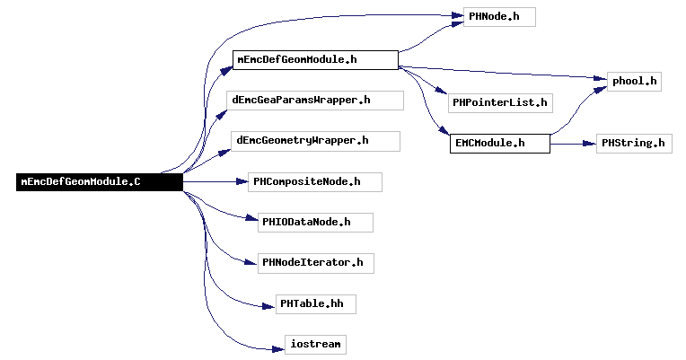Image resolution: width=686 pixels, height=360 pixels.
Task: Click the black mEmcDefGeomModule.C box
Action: (100, 182)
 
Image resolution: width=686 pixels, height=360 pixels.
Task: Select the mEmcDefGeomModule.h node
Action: (315, 60)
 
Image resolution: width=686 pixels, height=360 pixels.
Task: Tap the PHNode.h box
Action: (499, 17)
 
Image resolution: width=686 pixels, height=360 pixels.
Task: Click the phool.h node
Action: (634, 82)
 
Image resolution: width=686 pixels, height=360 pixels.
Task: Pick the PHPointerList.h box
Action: (500, 103)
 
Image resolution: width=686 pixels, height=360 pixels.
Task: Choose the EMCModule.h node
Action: (499, 144)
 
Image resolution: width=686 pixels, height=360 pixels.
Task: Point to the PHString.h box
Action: (634, 144)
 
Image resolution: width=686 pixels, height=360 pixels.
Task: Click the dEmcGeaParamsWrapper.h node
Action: (315, 101)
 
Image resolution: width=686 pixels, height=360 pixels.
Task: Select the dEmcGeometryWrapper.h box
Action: (315, 141)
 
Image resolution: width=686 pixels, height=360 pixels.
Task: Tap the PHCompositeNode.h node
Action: (315, 182)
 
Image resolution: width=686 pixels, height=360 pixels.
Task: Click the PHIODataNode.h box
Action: (315, 223)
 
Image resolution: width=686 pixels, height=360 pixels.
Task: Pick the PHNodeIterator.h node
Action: (316, 263)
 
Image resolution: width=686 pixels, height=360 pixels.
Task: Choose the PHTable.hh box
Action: (316, 304)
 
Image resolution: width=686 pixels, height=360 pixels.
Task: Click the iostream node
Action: (315, 345)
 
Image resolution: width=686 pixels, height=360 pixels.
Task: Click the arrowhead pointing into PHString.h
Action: (590, 144)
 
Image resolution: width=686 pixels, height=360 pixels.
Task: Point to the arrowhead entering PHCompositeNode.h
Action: (242, 181)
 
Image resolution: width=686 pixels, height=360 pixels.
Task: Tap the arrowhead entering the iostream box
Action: (278, 349)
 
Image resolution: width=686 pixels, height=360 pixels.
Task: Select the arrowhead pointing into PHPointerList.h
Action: (442, 90)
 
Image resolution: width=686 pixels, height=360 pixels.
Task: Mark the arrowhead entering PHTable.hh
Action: (269, 307)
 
